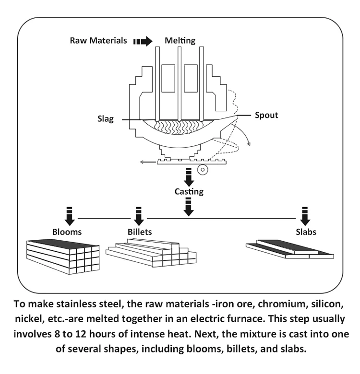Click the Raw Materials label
click(98, 41)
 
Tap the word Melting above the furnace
click(180, 41)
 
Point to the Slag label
click(104, 119)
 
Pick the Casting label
click(189, 192)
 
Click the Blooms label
click(67, 232)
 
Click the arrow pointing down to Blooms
click(69, 215)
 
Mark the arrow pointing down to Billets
click(139, 215)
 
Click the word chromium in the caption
click(228, 305)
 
